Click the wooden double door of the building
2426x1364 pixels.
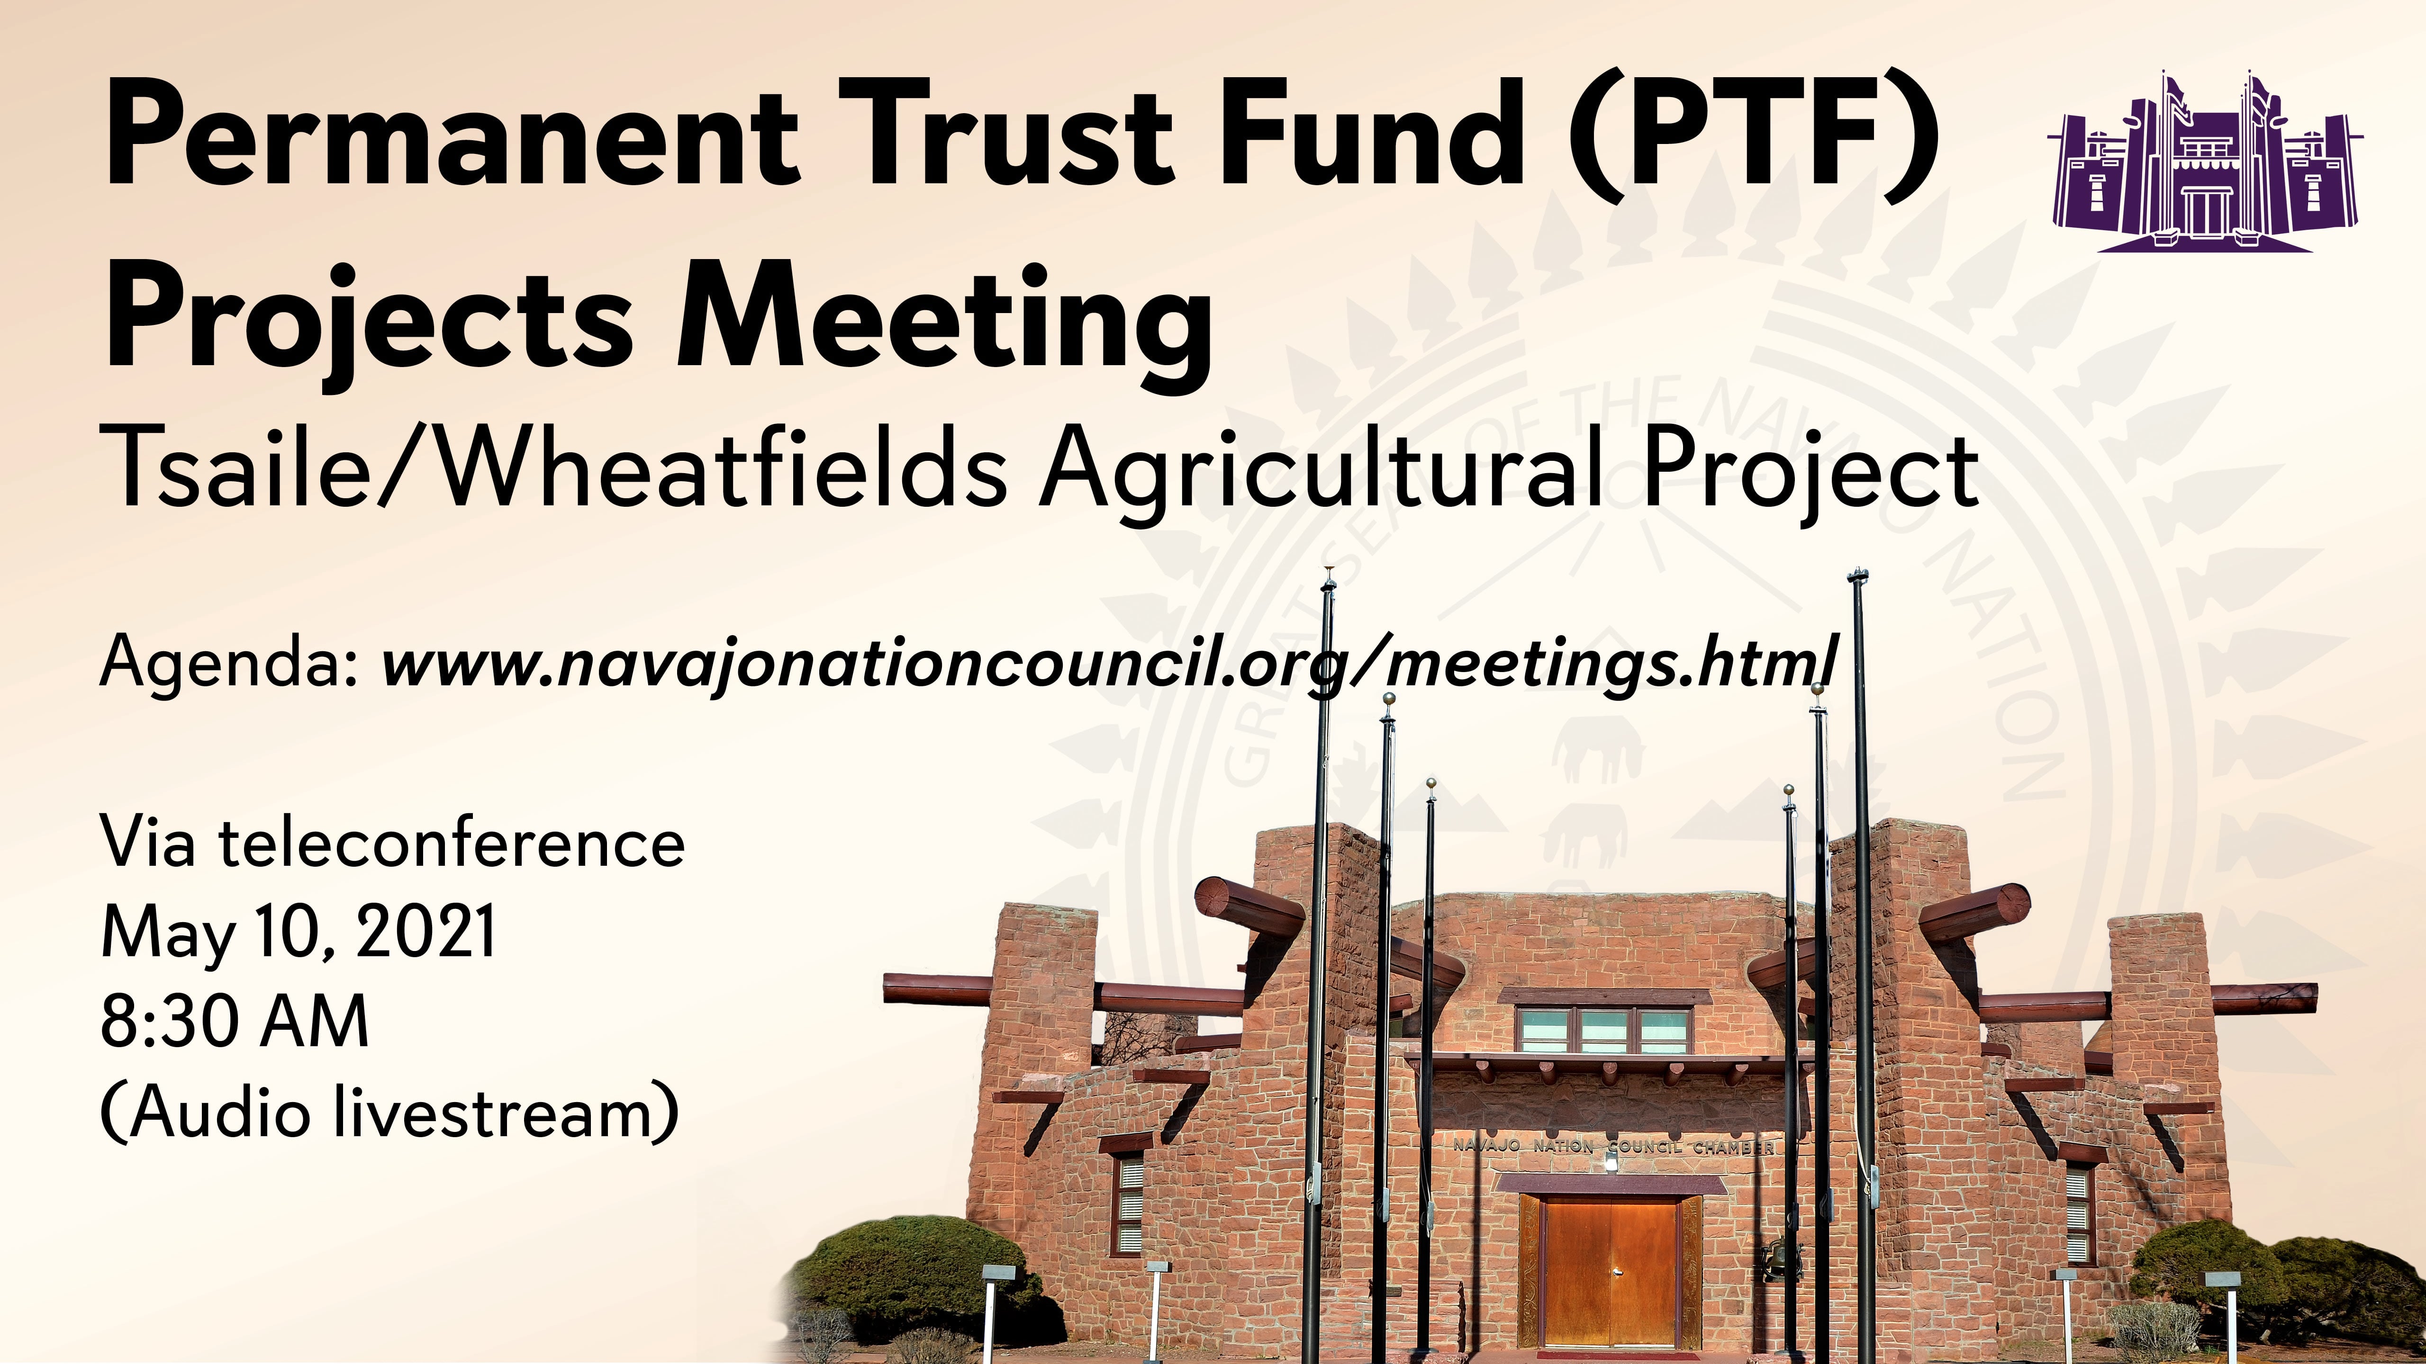pyautogui.click(x=1611, y=1271)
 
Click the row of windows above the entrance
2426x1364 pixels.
pyautogui.click(x=1604, y=1031)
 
